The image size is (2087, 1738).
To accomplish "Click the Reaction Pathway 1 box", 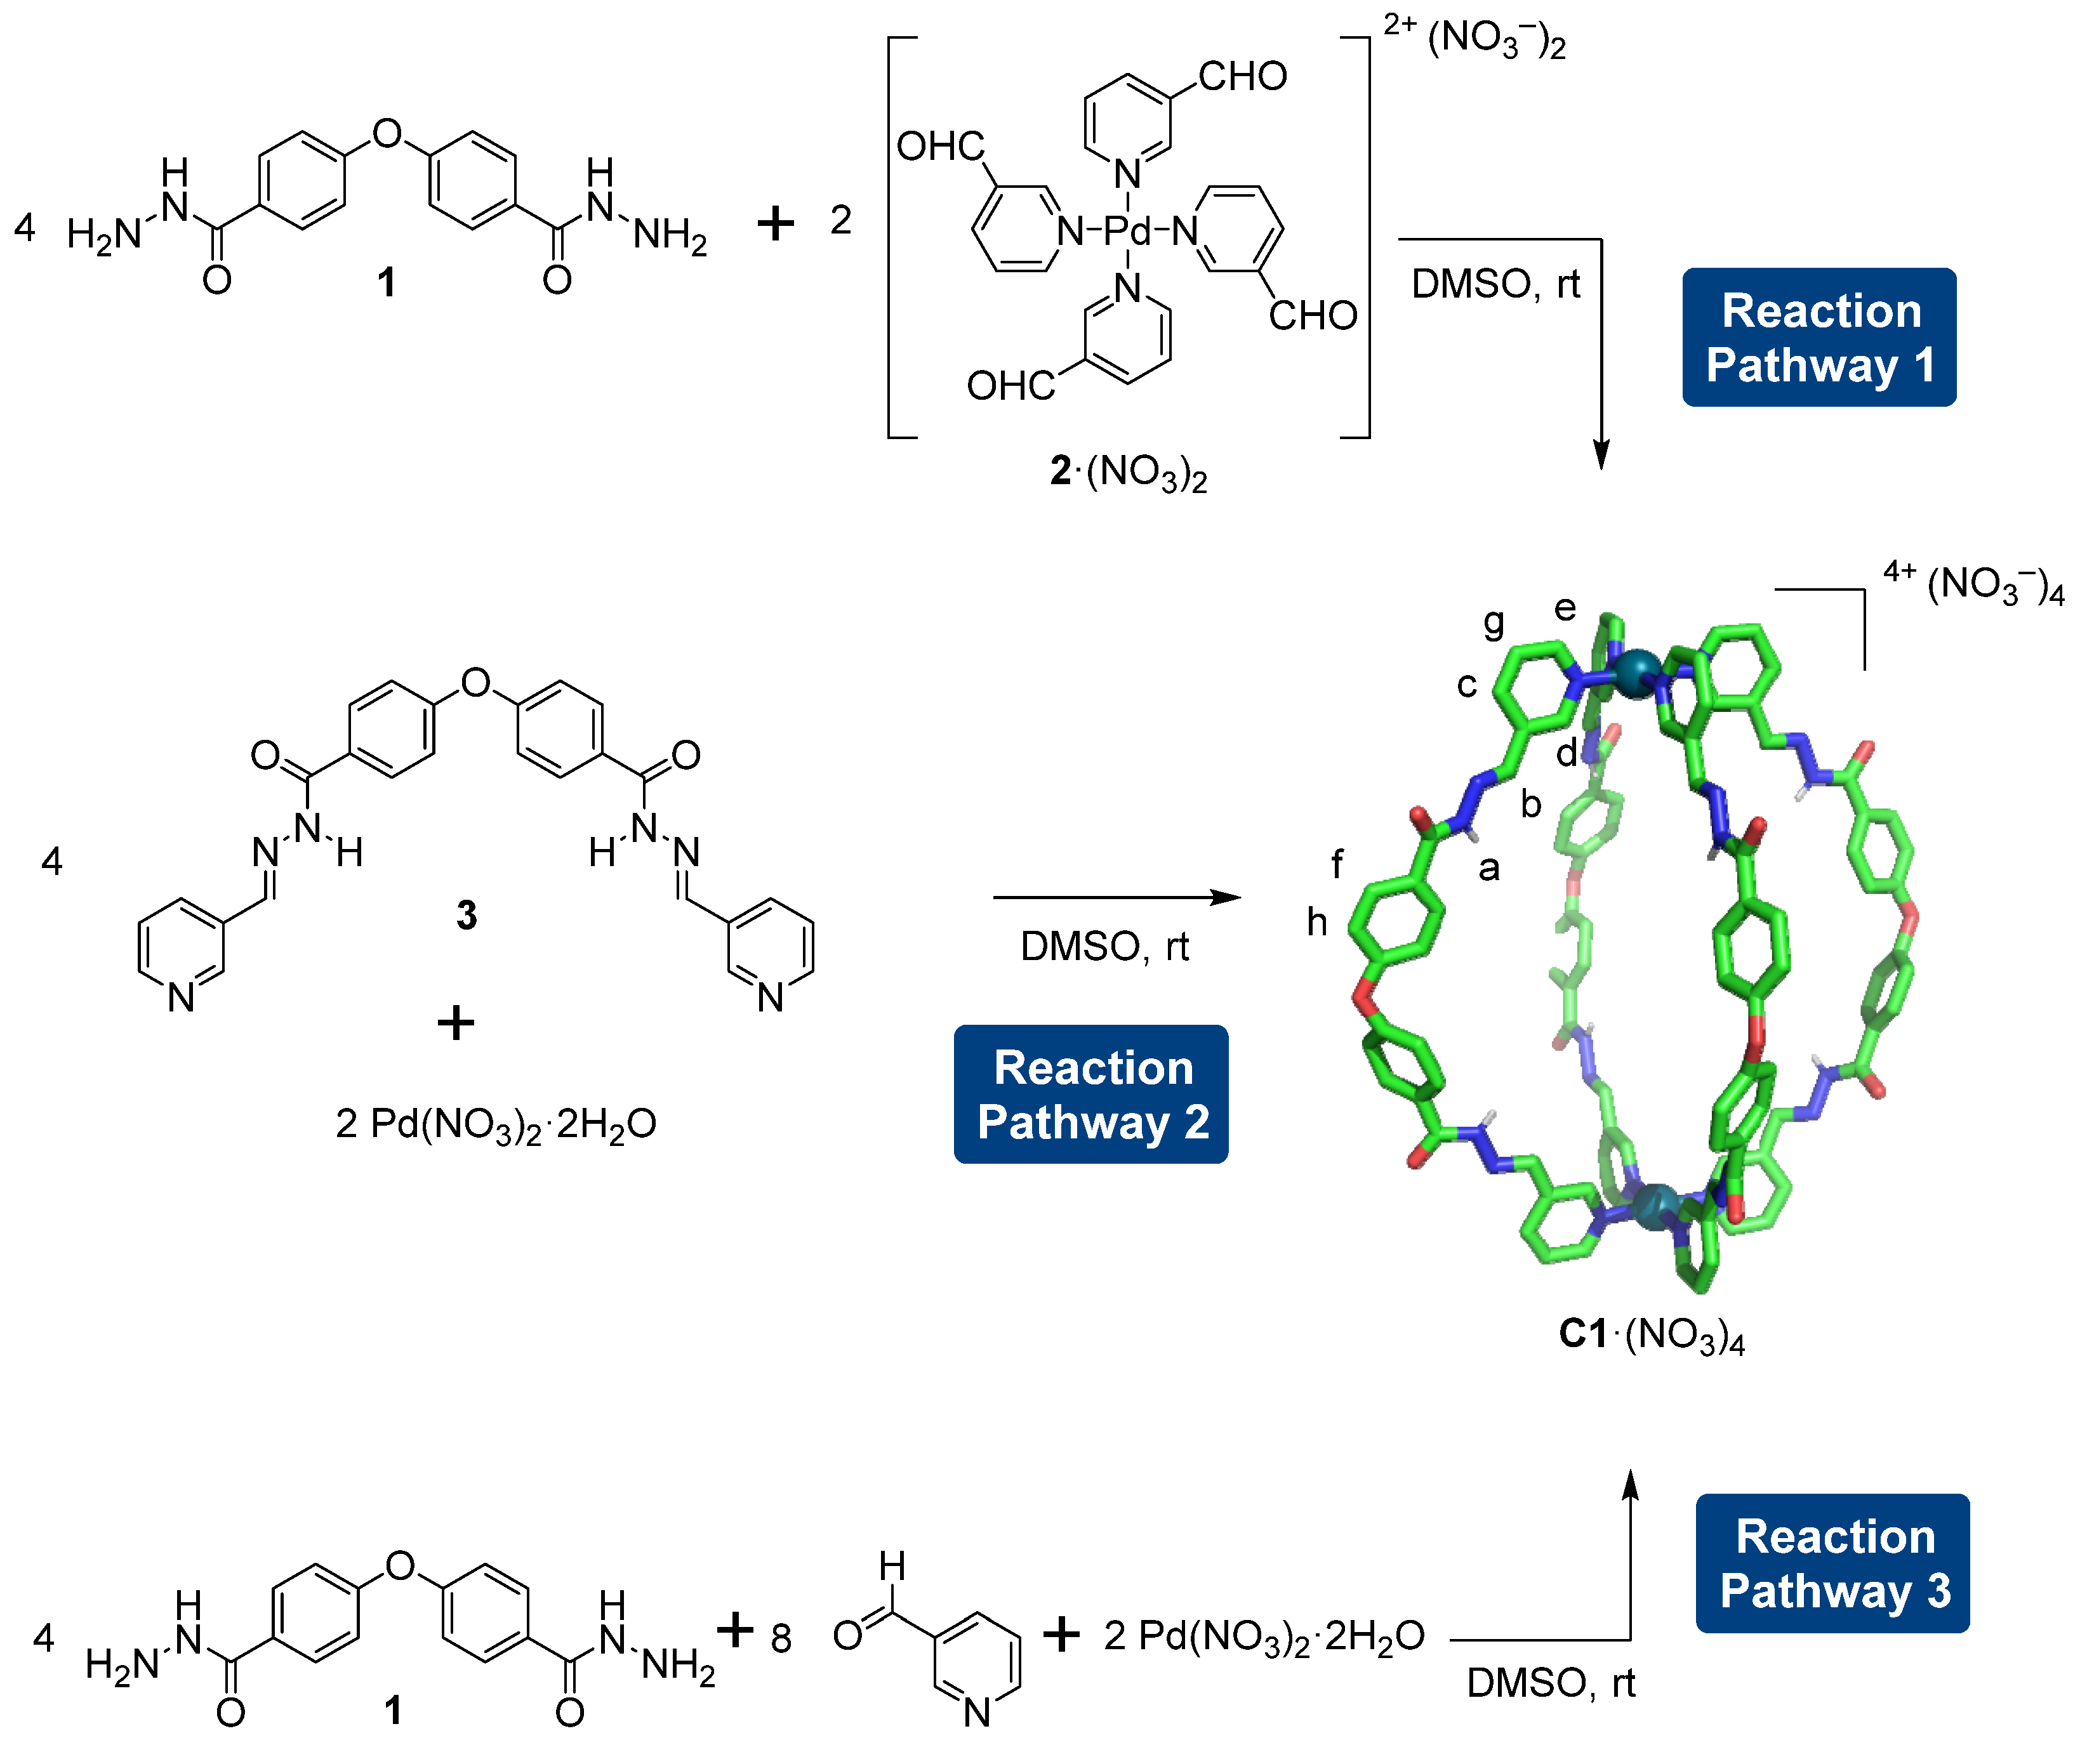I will coord(1819,337).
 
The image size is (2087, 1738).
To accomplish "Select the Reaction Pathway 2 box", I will coord(1091,1094).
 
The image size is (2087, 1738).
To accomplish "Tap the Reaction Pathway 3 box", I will coord(1832,1563).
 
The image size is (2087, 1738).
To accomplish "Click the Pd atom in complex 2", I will coord(1127,230).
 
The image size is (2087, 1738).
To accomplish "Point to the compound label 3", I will coord(466,914).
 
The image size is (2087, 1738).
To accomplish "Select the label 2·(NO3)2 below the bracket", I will coord(1128,472).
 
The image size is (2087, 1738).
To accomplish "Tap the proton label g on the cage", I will coord(1493,623).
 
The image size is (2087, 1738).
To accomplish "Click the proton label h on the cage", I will coord(1317,922).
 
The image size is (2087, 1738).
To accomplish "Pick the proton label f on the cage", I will coord(1337,864).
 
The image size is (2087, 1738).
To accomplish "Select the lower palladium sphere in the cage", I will coord(1657,1206).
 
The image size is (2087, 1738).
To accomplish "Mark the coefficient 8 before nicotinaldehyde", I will coord(781,1638).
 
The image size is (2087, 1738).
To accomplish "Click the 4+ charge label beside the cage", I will coord(1899,571).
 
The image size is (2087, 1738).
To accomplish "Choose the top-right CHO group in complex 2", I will coord(1242,77).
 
